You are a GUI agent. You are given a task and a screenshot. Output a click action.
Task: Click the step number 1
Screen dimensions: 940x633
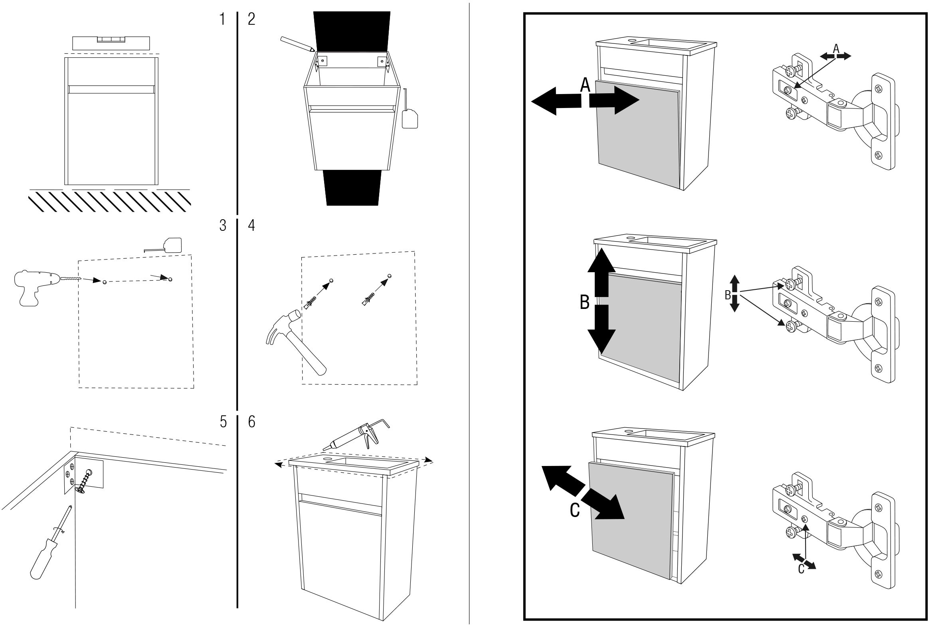tap(222, 19)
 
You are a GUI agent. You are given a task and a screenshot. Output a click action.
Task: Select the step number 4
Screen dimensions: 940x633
tap(251, 225)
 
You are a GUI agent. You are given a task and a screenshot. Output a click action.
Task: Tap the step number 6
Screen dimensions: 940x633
tap(251, 422)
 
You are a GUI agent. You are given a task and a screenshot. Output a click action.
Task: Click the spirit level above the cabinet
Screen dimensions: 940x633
tap(111, 43)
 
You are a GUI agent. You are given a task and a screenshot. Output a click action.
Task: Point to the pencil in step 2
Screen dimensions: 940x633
tap(297, 44)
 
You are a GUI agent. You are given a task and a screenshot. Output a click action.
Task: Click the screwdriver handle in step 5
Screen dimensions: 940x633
tap(43, 559)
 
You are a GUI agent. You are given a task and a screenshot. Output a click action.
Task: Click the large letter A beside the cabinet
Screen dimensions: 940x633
tap(585, 85)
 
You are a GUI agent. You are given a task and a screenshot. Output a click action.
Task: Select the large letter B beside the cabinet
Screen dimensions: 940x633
tap(584, 302)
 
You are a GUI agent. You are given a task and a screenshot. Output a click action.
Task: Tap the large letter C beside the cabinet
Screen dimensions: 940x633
tap(575, 510)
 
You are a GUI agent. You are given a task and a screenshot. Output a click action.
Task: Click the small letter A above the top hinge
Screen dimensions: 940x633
tap(836, 49)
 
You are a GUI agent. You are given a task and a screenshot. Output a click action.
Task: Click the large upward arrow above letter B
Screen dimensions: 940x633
tap(602, 273)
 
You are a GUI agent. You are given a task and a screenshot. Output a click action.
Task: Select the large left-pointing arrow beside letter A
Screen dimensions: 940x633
tap(556, 101)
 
